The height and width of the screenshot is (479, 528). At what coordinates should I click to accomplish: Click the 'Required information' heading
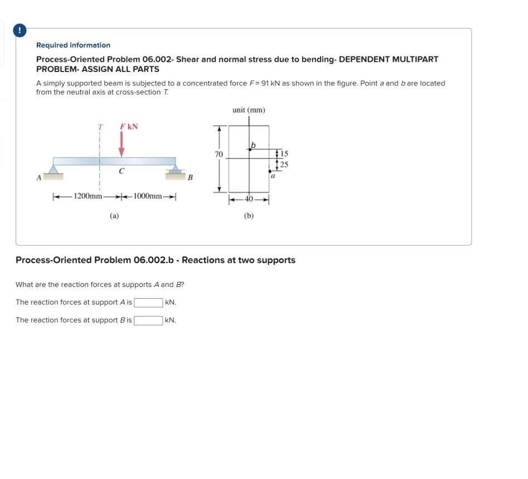73,45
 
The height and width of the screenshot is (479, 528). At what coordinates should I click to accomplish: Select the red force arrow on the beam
121,145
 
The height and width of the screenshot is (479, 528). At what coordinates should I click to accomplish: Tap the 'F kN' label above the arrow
129,127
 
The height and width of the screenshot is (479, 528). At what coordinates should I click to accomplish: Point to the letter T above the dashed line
100,127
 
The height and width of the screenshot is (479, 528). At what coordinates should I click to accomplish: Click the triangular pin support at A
54,169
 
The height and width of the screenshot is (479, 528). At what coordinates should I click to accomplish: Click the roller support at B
176,169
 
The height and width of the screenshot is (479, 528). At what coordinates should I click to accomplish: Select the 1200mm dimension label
88,196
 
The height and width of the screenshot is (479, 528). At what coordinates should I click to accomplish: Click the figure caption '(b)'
249,215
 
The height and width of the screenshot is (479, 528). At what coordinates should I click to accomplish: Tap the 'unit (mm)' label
249,110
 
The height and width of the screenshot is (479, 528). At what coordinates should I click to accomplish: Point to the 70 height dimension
219,154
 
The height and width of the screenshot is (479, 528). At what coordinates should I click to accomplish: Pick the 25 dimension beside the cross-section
284,164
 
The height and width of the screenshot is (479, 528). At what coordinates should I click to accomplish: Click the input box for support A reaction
148,303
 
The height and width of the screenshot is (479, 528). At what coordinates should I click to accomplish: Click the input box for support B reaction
148,320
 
